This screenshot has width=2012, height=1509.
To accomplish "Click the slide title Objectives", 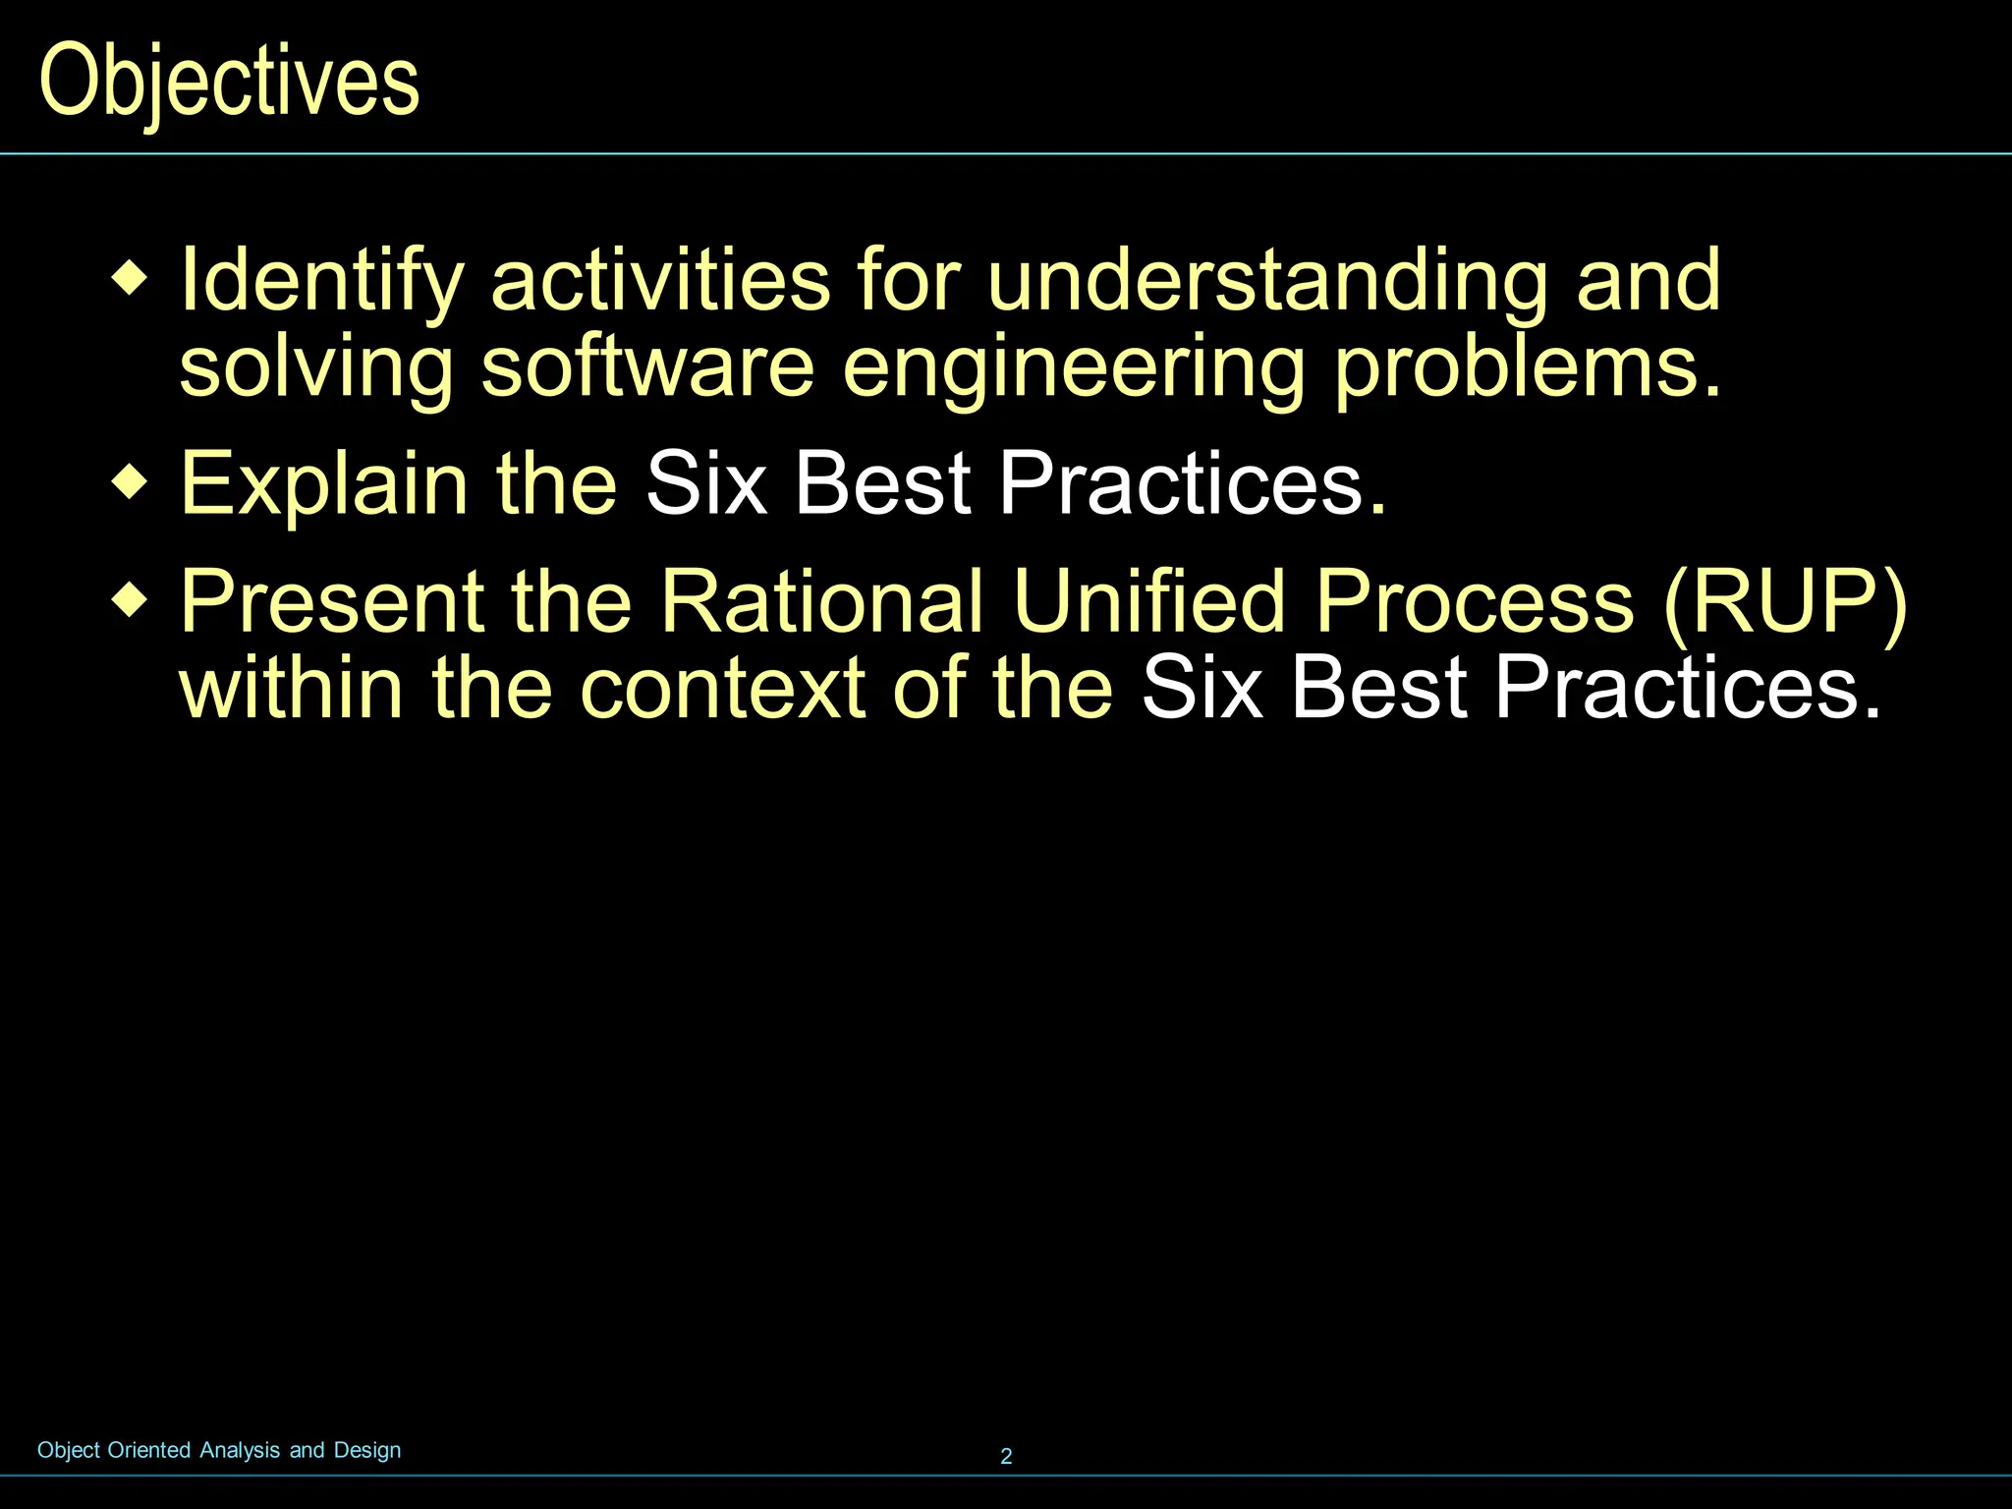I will pos(229,83).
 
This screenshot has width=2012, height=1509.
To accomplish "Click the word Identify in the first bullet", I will pos(320,282).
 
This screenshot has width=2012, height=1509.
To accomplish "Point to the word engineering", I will pos(1074,368).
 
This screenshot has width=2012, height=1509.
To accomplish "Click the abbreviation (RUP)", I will pos(1785,602).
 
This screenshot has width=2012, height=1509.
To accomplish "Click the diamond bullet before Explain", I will pos(130,481).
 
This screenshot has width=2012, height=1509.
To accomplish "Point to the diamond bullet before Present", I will pos(130,598).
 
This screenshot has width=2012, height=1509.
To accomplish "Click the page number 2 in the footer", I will pos(1006,1456).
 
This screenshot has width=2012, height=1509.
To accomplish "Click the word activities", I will pos(660,282).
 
